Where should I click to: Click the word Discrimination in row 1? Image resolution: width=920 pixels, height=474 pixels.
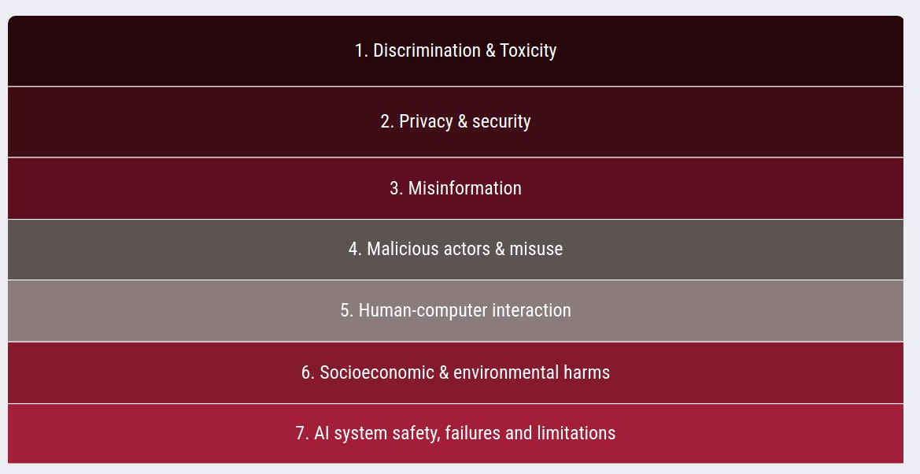tap(427, 51)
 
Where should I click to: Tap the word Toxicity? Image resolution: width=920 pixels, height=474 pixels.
tap(528, 51)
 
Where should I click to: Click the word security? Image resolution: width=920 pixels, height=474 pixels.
tap(501, 122)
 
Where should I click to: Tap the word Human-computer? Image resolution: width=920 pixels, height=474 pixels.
tap(423, 311)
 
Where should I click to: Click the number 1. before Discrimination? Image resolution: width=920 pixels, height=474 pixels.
tap(361, 51)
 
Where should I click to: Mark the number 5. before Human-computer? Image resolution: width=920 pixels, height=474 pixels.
tap(347, 311)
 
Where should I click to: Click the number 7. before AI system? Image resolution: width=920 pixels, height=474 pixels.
tap(302, 434)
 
